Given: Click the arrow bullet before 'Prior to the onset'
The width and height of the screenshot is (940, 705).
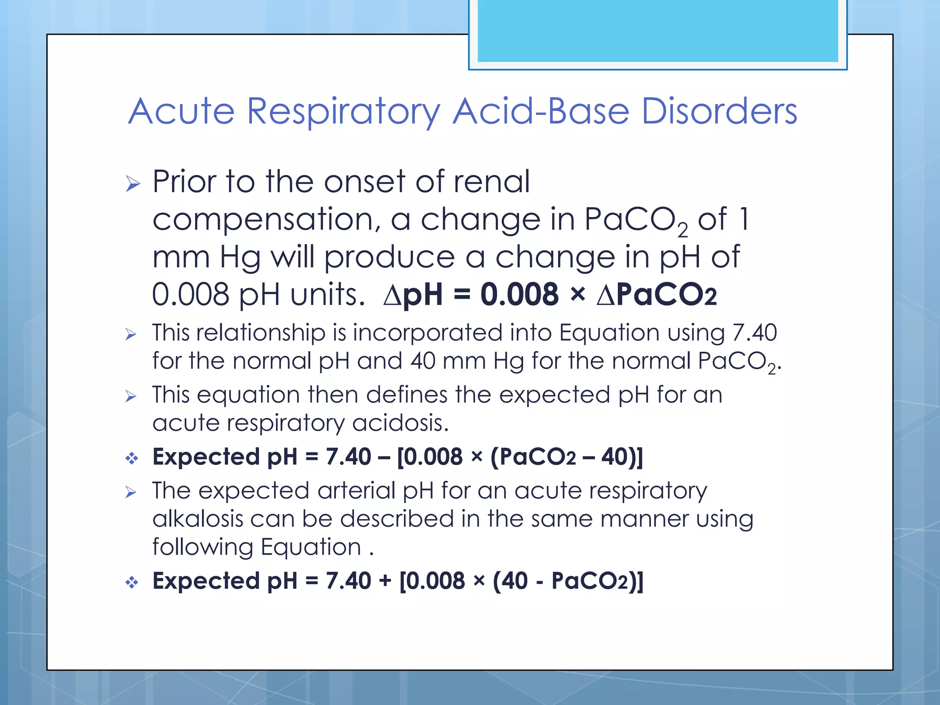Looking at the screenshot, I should pyautogui.click(x=133, y=184).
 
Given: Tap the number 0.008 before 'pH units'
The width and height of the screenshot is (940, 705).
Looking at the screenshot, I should pyautogui.click(x=190, y=294).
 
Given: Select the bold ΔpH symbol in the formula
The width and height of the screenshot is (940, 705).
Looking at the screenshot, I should pyautogui.click(x=413, y=294).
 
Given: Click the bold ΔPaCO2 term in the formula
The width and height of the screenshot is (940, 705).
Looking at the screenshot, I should pyautogui.click(x=656, y=294).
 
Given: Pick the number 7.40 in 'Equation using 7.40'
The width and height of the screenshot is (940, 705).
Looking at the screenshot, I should pyautogui.click(x=754, y=332).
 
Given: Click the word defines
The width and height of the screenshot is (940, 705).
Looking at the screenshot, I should pyautogui.click(x=406, y=395).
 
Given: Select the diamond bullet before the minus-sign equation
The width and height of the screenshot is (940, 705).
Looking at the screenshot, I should pyautogui.click(x=132, y=458).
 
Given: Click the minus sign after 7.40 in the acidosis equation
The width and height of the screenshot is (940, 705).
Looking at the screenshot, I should pyautogui.click(x=384, y=457).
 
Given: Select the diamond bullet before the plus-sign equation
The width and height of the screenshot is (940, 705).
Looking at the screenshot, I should pyautogui.click(x=132, y=582).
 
